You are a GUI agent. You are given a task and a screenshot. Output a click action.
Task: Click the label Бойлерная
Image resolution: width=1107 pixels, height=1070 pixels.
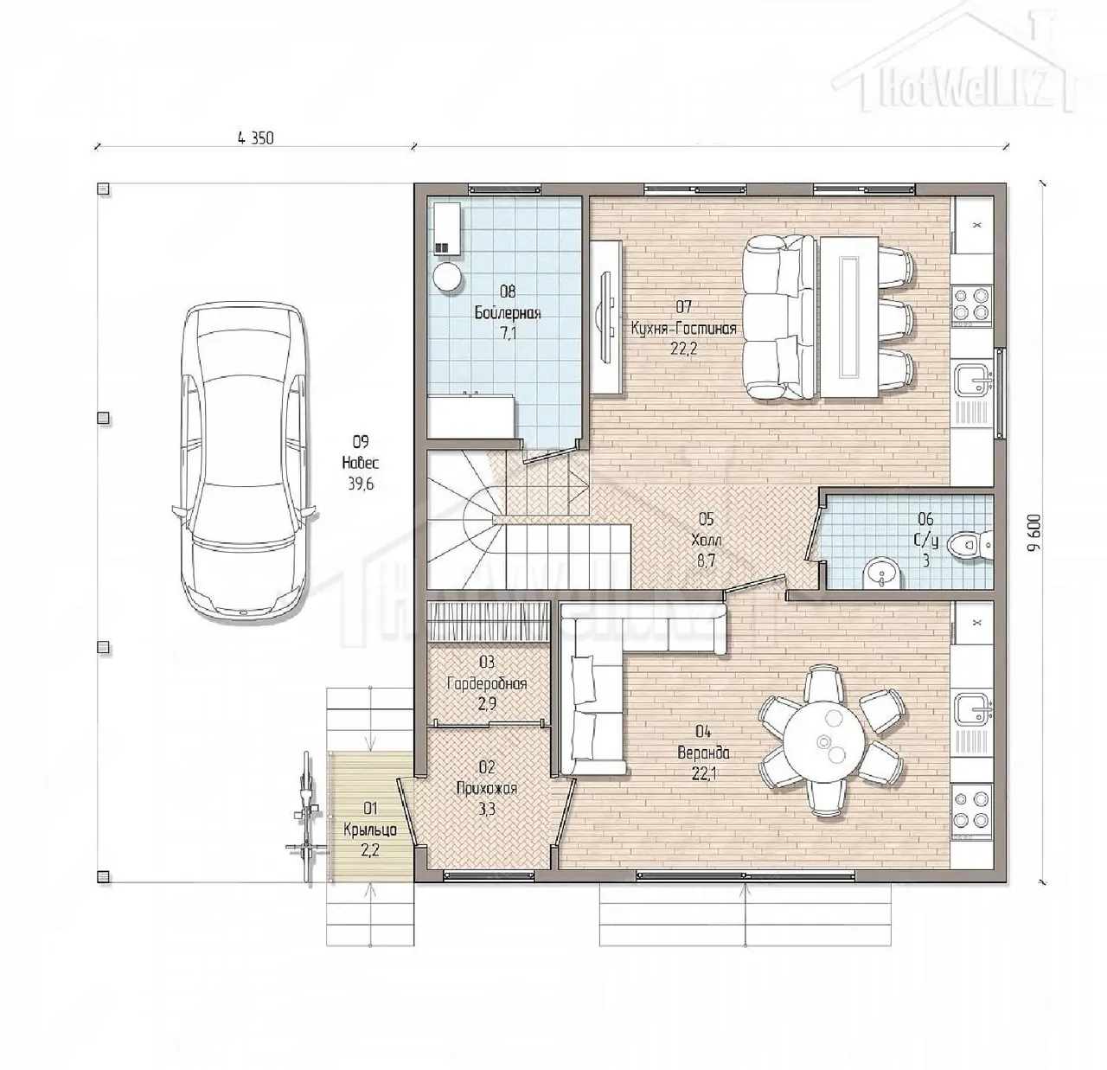508,312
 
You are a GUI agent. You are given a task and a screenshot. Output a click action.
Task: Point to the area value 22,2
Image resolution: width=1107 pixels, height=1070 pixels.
683,348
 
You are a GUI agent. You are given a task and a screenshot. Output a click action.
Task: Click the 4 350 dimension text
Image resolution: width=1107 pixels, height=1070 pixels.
255,138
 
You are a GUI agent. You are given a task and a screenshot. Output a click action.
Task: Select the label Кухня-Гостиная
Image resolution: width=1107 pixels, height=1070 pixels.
684,328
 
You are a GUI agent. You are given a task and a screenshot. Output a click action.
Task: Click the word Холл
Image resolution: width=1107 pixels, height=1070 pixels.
706,539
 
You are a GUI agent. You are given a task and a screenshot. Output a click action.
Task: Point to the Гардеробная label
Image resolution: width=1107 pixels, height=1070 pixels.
487,683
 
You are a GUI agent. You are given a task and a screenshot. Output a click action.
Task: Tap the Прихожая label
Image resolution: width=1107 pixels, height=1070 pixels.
487,788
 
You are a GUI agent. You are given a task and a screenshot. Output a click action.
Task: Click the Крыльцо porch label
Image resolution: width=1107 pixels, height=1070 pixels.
370,830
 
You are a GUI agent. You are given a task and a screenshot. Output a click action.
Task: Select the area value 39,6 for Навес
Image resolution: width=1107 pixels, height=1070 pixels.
362,484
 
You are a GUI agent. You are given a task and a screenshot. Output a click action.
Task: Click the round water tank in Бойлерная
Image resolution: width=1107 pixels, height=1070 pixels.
448,278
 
